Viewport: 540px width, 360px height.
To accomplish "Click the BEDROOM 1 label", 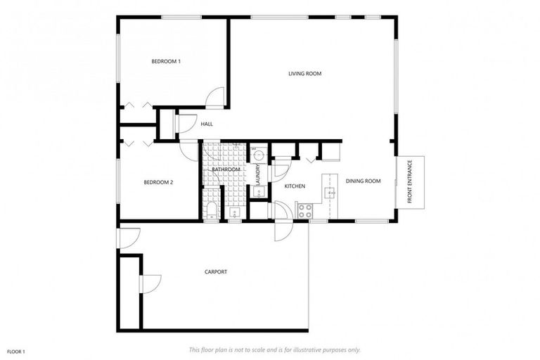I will pyautogui.click(x=166, y=62).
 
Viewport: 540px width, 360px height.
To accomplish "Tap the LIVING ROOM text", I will pyautogui.click(x=304, y=73).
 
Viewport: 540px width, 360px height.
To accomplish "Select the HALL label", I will pyautogui.click(x=207, y=124).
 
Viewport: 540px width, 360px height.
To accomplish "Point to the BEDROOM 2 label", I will pyautogui.click(x=158, y=182).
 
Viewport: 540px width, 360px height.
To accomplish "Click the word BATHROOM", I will pyautogui.click(x=226, y=169).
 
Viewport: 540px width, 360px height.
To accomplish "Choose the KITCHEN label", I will pyautogui.click(x=294, y=186).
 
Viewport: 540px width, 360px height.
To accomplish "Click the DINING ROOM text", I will pyautogui.click(x=363, y=181).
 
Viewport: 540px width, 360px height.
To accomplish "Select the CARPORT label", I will pyautogui.click(x=215, y=272).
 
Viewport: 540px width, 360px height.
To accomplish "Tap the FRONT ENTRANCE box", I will pyautogui.click(x=410, y=181).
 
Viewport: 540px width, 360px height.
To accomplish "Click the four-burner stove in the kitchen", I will pyautogui.click(x=304, y=210).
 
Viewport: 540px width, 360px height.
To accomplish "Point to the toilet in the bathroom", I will pyautogui.click(x=211, y=210).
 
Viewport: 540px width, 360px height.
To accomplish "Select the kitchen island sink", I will pyautogui.click(x=328, y=191).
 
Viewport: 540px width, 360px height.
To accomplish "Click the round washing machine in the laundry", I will pyautogui.click(x=258, y=153).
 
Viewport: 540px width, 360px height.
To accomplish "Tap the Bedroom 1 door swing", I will pyautogui.click(x=217, y=98).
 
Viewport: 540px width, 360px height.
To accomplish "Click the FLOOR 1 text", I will pyautogui.click(x=16, y=351).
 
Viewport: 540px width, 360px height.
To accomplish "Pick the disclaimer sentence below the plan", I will pyautogui.click(x=274, y=349).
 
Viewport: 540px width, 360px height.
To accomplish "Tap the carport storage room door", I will pyautogui.click(x=150, y=283).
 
